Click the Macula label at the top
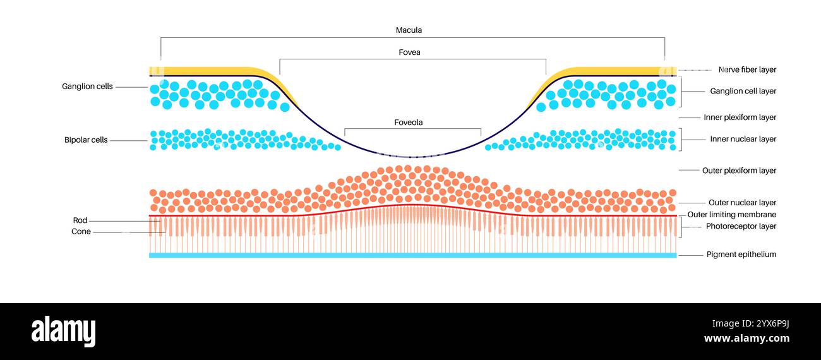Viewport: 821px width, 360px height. [409, 30]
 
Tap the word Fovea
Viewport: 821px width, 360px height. [409, 52]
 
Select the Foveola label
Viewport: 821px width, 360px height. [409, 123]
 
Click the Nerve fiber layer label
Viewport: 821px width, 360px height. [747, 69]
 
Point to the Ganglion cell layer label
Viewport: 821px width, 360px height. [743, 92]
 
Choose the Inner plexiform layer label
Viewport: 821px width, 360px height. [740, 117]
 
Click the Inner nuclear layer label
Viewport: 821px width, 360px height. [743, 140]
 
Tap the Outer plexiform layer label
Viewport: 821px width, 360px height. [739, 171]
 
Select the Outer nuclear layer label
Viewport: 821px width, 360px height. [742, 203]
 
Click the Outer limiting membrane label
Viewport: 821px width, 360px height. [731, 215]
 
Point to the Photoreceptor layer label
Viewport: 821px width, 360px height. [741, 227]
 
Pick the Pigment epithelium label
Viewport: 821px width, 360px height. [741, 255]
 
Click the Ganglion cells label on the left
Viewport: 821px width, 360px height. [87, 87]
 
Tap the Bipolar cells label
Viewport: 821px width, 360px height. [86, 140]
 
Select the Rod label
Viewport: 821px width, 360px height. [80, 220]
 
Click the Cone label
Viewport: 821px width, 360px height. [81, 232]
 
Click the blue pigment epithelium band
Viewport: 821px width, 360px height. [412, 255]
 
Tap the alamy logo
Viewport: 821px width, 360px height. [63, 331]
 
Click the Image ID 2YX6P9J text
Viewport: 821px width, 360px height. [750, 324]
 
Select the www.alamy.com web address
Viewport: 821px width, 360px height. [746, 339]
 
